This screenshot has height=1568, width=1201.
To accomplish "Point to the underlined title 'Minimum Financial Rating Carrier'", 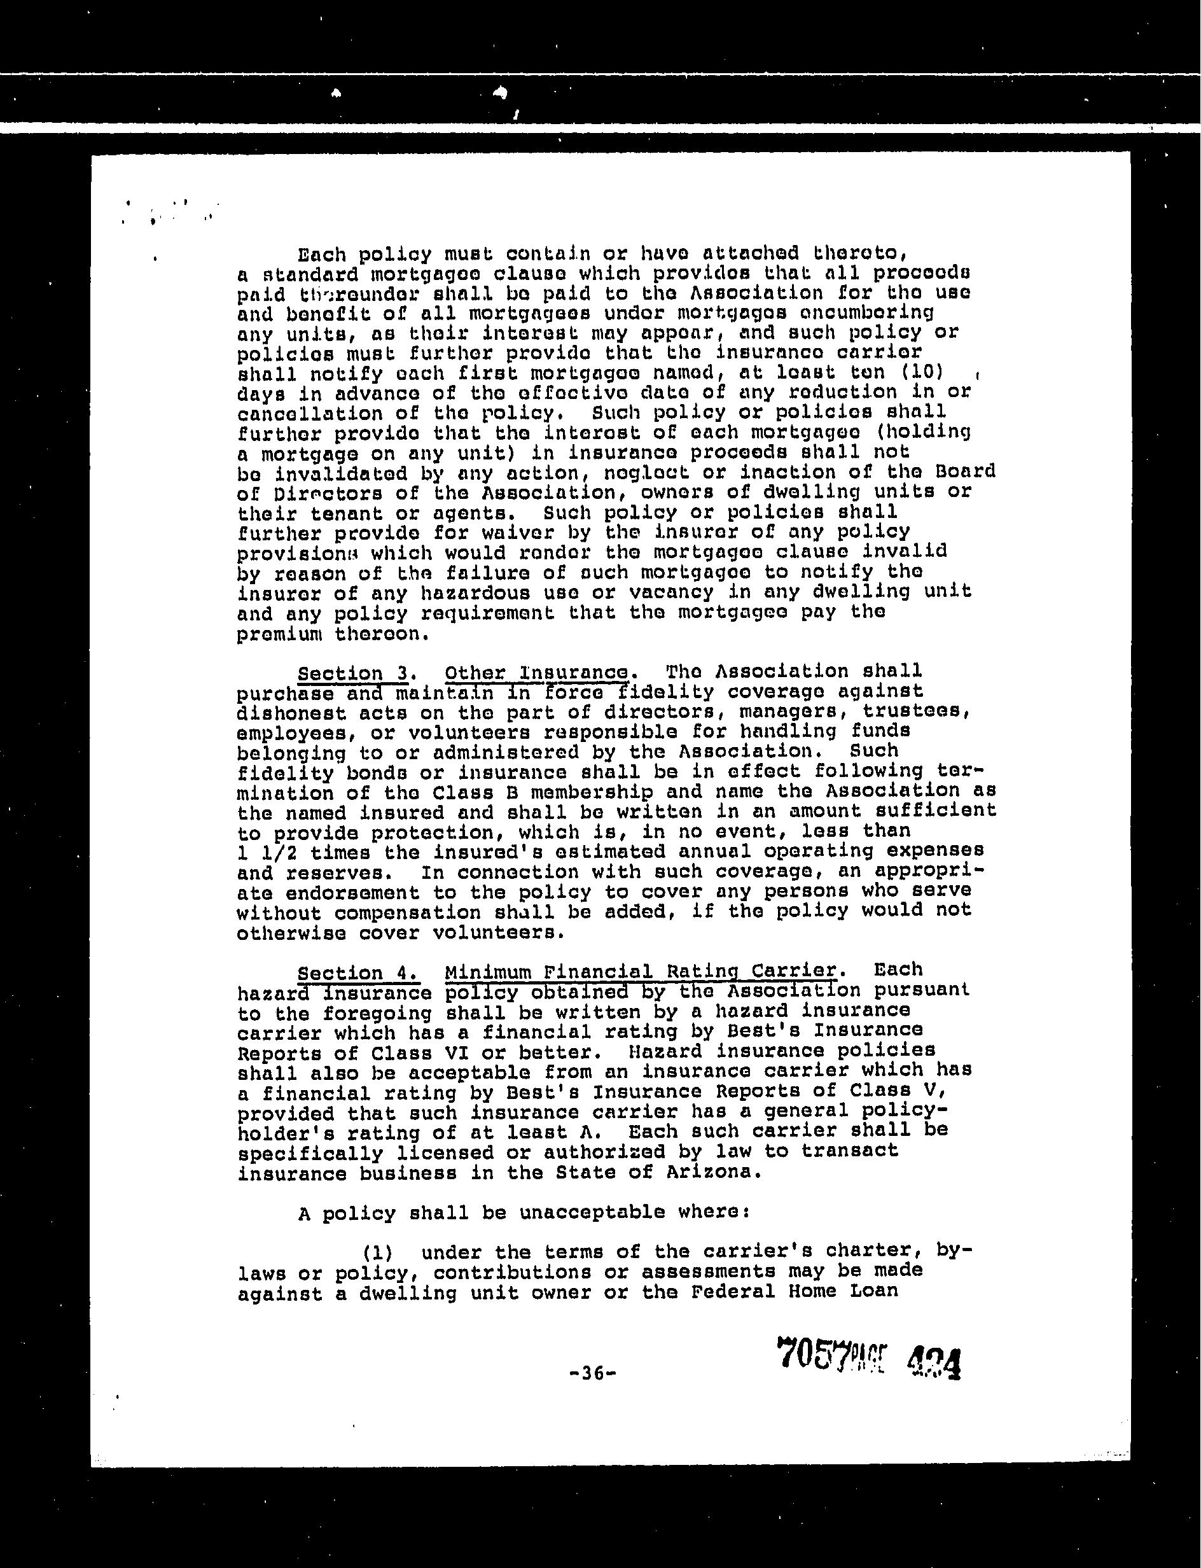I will (640, 971).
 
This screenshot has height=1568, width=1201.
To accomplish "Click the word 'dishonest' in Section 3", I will (292, 713).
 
